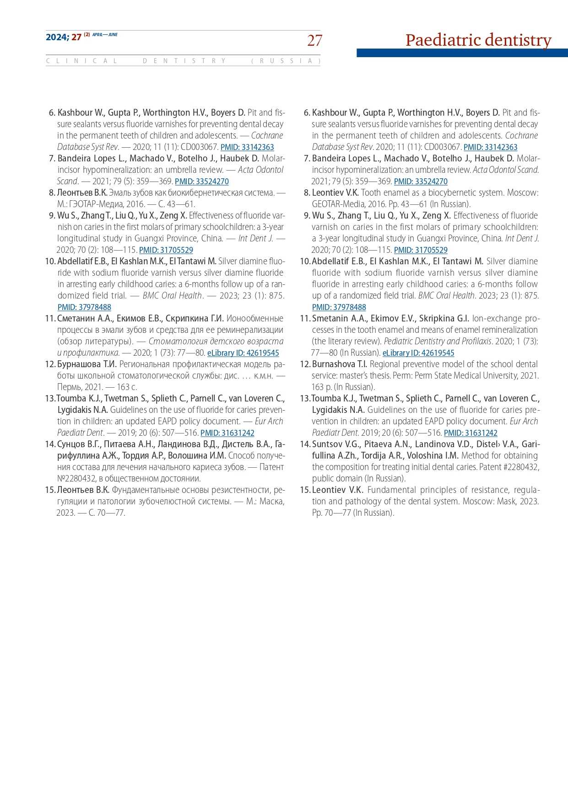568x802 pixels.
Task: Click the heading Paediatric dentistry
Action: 478,40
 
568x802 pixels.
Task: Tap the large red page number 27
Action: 314,41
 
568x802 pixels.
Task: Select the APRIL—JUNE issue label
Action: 105,35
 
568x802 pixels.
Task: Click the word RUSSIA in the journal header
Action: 286,61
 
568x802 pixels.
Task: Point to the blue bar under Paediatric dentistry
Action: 462,53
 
